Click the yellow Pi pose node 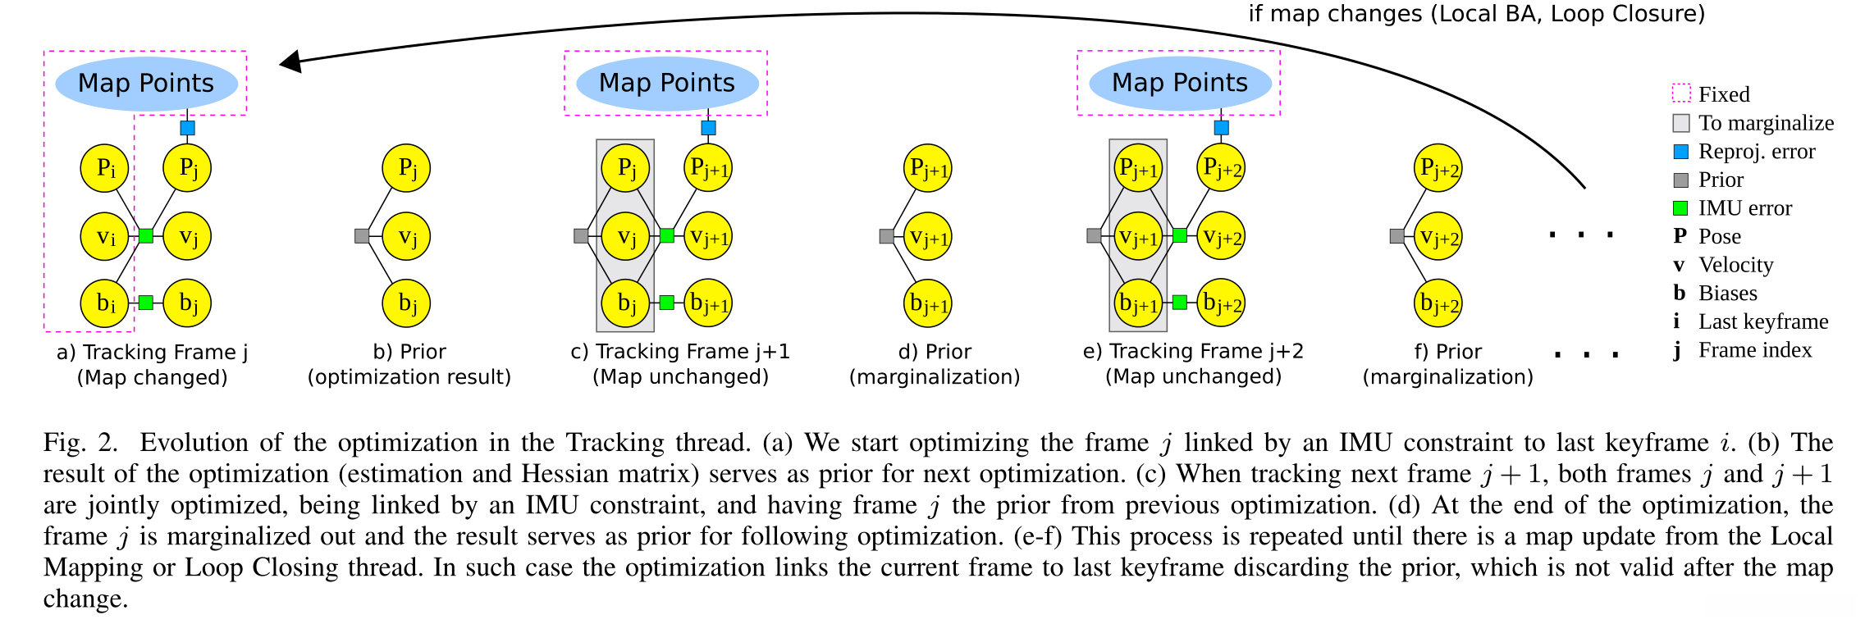tap(104, 168)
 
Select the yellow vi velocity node tap(104, 236)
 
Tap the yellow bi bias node tap(104, 303)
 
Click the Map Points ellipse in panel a tap(146, 83)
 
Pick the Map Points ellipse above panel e tap(1180, 83)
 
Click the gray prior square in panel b tap(361, 236)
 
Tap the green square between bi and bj tap(146, 303)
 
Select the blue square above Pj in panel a tap(187, 128)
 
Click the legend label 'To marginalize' tap(1766, 123)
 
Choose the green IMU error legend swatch tap(1680, 208)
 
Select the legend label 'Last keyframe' tap(1763, 321)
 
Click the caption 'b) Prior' tap(409, 352)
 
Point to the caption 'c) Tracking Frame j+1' tap(680, 352)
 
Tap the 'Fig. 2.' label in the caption tap(80, 443)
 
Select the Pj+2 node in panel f tap(1438, 168)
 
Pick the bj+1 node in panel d tap(927, 303)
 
